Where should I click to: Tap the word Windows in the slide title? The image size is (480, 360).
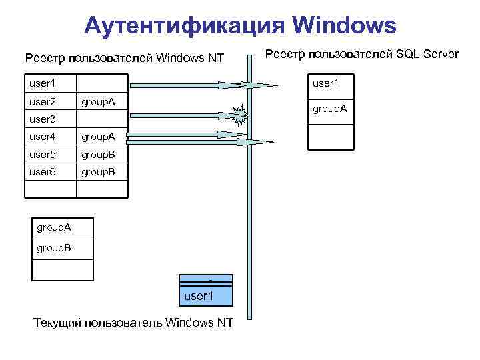click(344, 25)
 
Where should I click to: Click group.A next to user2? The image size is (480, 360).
click(98, 102)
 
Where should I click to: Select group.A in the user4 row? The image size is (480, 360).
click(98, 137)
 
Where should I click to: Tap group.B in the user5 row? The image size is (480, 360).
click(98, 154)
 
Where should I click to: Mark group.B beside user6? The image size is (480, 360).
click(98, 171)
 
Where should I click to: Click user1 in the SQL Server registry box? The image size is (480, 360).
click(326, 84)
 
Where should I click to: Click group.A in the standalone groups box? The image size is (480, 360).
click(54, 228)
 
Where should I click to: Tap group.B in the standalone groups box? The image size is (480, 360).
click(54, 249)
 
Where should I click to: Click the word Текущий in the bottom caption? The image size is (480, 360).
click(57, 323)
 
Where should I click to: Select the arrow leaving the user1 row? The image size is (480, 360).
click(200, 85)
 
